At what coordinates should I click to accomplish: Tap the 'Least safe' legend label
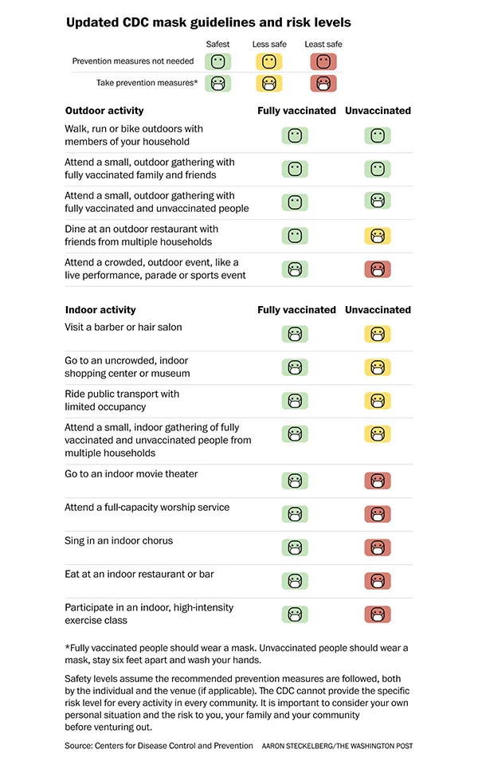pos(323,45)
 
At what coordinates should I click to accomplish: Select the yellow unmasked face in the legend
pos(269,61)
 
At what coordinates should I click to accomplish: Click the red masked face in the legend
pos(323,83)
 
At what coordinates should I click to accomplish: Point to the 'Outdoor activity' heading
pos(104,111)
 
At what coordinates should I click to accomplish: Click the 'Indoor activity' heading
pos(100,310)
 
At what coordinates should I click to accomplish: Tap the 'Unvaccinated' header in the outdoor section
pos(378,111)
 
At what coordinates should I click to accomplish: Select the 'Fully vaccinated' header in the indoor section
pos(296,310)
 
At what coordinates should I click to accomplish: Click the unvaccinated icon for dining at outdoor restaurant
pos(378,236)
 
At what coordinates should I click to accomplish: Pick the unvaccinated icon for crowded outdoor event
pos(378,269)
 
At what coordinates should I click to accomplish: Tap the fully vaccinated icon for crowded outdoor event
pos(295,269)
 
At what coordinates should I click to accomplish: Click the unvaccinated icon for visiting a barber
pos(378,334)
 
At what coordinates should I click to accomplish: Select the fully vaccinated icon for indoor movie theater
pos(295,481)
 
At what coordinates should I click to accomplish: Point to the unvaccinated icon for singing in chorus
pos(378,547)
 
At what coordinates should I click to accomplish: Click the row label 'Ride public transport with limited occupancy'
pos(122,400)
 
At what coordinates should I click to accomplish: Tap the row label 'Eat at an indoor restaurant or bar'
pos(139,574)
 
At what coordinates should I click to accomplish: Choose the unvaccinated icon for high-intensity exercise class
pos(378,614)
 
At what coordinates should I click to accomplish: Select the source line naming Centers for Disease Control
pos(159,746)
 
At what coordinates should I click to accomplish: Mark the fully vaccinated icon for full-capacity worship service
pos(295,514)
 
